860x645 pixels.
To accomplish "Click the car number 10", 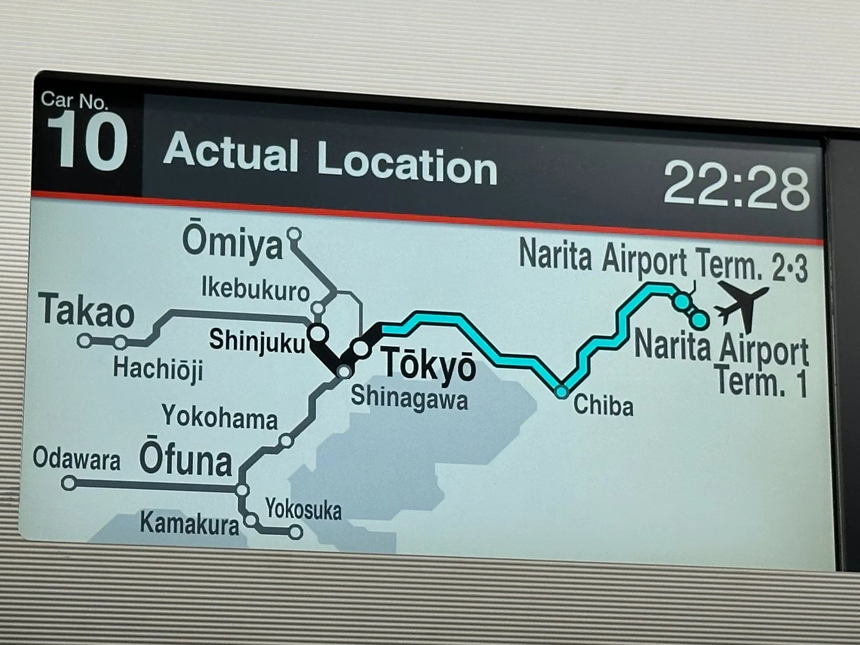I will (86, 142).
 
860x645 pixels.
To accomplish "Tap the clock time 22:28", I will (736, 187).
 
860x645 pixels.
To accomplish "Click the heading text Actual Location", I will (330, 158).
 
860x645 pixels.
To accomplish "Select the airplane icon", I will (741, 304).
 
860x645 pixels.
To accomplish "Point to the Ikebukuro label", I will (255, 289).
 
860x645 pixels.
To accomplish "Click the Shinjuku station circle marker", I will (318, 333).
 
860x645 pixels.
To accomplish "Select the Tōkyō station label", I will (428, 363).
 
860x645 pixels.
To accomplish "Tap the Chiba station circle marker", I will (561, 392).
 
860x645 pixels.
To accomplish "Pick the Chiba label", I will (603, 405).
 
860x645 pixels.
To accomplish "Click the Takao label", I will (86, 311).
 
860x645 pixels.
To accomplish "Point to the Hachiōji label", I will (158, 369).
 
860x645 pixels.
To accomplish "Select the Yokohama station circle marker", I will (286, 441).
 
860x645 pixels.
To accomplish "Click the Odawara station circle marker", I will (69, 483).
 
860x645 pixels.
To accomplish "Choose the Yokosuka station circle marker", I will (296, 532).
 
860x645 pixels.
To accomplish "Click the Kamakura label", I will (189, 524).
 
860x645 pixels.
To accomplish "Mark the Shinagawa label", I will (409, 398).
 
